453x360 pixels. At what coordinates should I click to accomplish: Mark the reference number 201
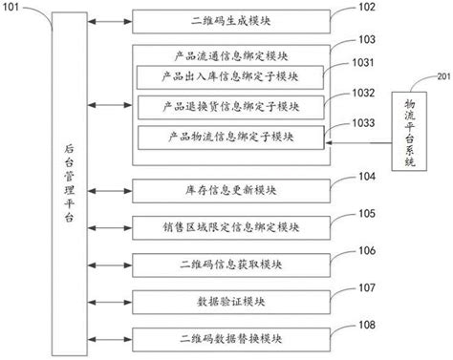442,75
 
